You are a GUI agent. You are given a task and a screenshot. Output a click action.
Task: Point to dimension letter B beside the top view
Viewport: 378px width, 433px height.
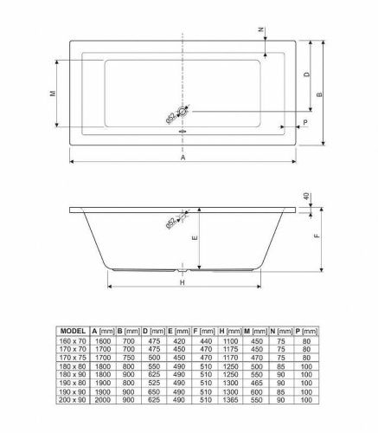(319, 94)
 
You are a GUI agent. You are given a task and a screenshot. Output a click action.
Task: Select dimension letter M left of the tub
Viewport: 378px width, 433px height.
(53, 94)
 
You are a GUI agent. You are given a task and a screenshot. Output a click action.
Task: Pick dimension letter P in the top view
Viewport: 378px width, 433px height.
(304, 124)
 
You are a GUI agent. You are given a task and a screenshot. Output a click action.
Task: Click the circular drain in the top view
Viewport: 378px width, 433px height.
(183, 112)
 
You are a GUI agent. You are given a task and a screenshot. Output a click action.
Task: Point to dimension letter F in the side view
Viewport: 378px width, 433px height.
(319, 235)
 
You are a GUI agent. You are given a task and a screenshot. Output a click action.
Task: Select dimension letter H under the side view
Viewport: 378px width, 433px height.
(183, 281)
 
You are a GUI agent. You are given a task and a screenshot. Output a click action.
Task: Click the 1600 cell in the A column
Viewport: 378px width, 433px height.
(103, 340)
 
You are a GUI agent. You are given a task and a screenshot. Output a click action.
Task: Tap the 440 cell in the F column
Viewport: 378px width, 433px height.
(205, 340)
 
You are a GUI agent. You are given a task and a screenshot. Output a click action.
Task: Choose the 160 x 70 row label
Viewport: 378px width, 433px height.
(72, 340)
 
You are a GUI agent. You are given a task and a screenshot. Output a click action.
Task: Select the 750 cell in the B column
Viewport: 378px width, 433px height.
(129, 358)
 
